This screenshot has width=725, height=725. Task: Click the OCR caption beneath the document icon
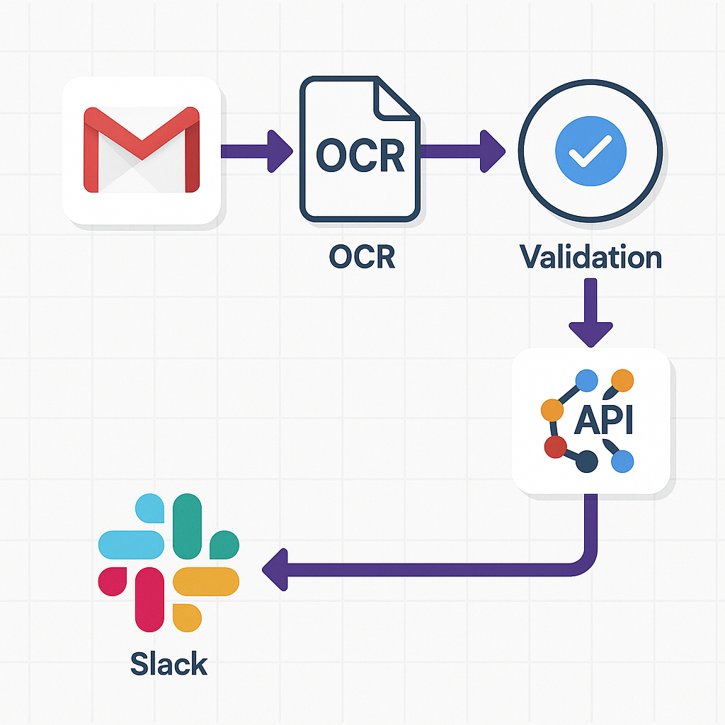click(x=362, y=256)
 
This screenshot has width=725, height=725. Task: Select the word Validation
click(x=590, y=256)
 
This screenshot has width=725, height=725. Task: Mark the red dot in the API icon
click(x=556, y=447)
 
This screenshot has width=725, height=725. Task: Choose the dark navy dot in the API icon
click(x=587, y=462)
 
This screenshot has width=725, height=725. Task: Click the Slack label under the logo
click(x=169, y=664)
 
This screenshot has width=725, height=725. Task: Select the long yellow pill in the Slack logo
click(x=206, y=581)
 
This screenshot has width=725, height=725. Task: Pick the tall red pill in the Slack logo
click(x=149, y=599)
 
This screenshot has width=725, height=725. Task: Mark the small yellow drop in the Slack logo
click(x=185, y=615)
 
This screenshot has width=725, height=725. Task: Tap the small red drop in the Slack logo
click(x=112, y=580)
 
